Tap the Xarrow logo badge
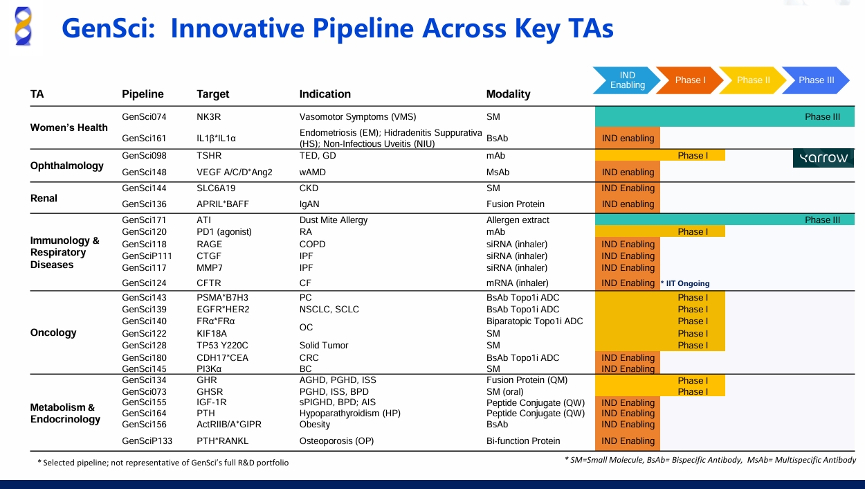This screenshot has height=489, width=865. click(823, 158)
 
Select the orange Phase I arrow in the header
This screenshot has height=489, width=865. click(689, 80)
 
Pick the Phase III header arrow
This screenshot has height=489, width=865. click(815, 80)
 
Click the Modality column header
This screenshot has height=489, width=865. click(508, 94)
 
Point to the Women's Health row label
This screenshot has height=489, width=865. click(69, 127)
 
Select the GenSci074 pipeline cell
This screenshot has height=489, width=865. click(144, 117)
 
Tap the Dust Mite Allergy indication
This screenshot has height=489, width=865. click(334, 220)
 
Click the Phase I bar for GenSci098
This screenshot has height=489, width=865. click(692, 155)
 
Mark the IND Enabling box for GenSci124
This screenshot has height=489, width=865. click(628, 283)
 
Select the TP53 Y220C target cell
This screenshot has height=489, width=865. click(222, 346)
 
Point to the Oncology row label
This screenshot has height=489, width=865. click(53, 332)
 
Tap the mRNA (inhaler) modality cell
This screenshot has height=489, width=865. click(517, 283)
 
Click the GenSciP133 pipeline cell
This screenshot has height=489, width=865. click(147, 441)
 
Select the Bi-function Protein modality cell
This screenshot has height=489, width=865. click(523, 441)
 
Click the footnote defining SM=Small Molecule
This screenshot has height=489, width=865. click(710, 460)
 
